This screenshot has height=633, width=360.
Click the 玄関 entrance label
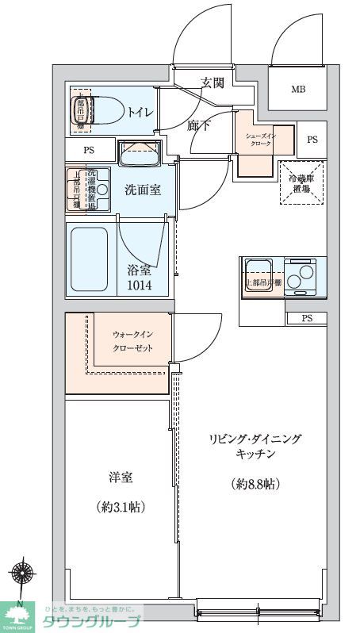click(x=212, y=82)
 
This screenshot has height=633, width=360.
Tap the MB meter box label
click(x=297, y=89)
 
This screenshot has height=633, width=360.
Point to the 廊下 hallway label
click(x=199, y=125)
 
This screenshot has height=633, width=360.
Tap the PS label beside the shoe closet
click(x=312, y=140)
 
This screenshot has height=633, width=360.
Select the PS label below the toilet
click(x=89, y=150)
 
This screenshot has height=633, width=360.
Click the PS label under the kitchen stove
click(x=307, y=318)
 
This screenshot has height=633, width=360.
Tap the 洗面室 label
click(x=143, y=190)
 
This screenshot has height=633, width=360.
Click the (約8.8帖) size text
click(x=255, y=483)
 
